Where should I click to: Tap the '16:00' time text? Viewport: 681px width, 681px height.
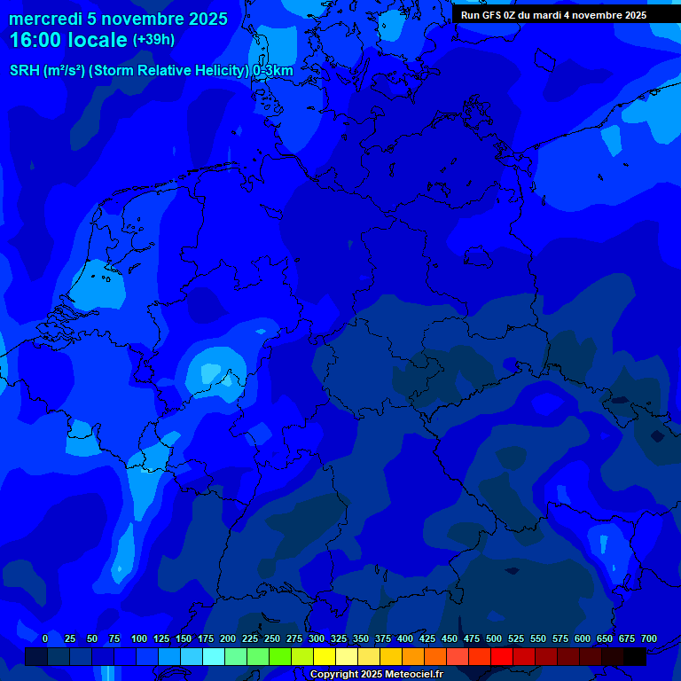[x=36, y=40]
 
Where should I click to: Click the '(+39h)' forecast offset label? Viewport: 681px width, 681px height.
[x=153, y=40]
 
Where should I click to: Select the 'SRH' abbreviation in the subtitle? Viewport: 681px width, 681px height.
[x=25, y=71]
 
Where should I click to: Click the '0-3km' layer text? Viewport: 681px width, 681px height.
[x=272, y=71]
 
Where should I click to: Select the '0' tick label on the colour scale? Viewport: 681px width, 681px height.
[x=45, y=638]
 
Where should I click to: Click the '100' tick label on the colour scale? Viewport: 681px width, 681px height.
[x=139, y=638]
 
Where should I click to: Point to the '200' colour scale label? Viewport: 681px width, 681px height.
[x=228, y=638]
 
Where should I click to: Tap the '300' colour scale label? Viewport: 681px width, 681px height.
[x=317, y=638]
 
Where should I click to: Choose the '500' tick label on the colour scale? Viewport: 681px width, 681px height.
[x=494, y=638]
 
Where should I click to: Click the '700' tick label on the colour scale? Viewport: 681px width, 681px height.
[x=649, y=638]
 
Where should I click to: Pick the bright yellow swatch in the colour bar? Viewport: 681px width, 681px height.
[x=325, y=656]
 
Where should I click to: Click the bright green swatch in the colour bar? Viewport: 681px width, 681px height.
[x=280, y=656]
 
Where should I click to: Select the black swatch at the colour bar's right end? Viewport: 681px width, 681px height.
[x=635, y=656]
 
